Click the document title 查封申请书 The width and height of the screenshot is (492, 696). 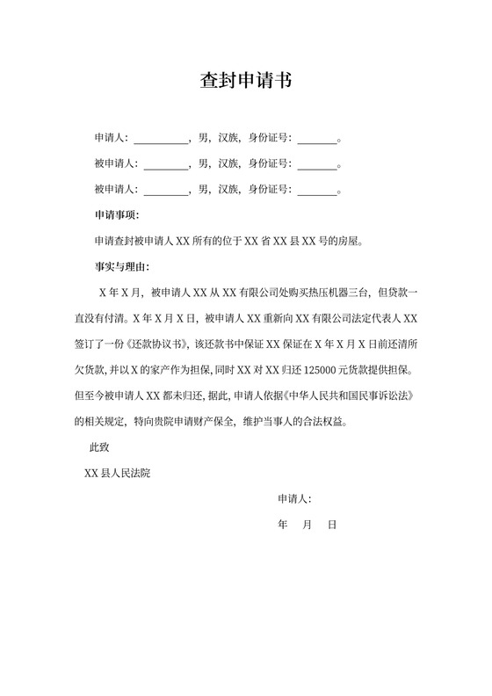coord(245,81)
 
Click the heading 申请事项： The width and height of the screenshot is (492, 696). coord(117,214)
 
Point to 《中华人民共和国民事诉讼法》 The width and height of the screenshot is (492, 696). coord(356,395)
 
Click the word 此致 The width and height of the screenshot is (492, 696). coord(99,447)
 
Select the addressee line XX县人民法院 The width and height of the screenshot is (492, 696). coord(117,473)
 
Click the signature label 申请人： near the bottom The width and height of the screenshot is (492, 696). coord(294,499)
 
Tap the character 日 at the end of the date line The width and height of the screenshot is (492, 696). coord(332,525)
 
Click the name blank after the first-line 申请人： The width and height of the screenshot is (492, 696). coord(160,138)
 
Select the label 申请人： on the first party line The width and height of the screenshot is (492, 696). coord(112,138)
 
